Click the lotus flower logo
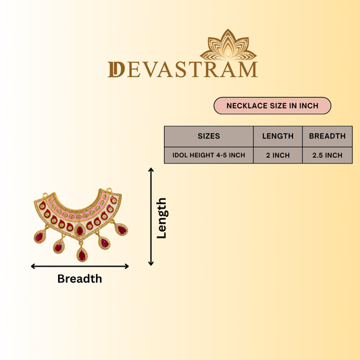(228, 45)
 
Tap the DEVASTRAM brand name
(183, 70)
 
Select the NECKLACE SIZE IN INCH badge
(272, 105)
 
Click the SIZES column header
(209, 136)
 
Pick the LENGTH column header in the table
(278, 136)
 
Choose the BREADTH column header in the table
(327, 136)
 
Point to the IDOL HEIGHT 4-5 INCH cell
(209, 155)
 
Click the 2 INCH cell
(278, 155)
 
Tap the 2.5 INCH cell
(327, 155)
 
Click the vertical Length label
(161, 218)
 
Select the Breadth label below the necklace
(80, 279)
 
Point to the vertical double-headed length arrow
(151, 217)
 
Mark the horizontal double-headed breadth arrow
(80, 266)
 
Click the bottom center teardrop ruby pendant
(82, 254)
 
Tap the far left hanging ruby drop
(40, 236)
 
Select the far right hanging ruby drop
(121, 230)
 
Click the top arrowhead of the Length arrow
(151, 170)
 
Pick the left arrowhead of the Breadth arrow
(32, 266)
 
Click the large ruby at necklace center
(80, 230)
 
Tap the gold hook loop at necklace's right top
(109, 190)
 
